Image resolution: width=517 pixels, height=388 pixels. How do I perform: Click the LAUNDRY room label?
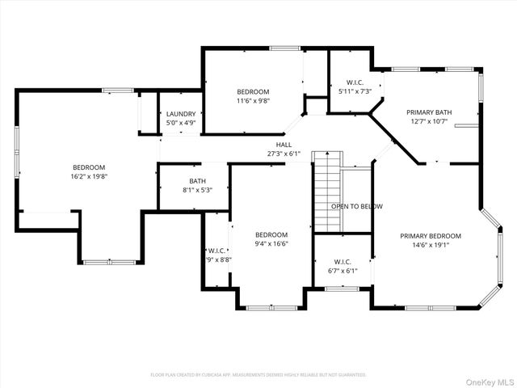[181, 114]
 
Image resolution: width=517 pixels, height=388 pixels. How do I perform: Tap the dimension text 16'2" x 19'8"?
[90, 175]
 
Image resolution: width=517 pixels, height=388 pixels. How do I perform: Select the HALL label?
[284, 144]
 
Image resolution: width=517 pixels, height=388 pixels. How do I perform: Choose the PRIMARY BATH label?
[428, 113]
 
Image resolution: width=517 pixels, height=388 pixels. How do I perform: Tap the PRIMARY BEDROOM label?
[431, 236]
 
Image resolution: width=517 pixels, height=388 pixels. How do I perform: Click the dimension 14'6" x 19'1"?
[431, 245]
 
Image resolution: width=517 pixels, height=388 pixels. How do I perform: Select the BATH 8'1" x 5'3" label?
[197, 181]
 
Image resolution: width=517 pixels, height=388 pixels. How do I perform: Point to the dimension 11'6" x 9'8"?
[253, 101]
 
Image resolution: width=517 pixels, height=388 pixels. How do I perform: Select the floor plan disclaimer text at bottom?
[258, 375]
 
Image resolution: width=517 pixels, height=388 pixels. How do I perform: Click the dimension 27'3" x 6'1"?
[284, 153]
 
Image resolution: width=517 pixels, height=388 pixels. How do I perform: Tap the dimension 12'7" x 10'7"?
[428, 122]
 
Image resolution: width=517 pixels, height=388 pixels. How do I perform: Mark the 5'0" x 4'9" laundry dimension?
[181, 123]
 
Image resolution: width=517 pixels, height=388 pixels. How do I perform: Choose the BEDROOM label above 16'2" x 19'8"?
[90, 167]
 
